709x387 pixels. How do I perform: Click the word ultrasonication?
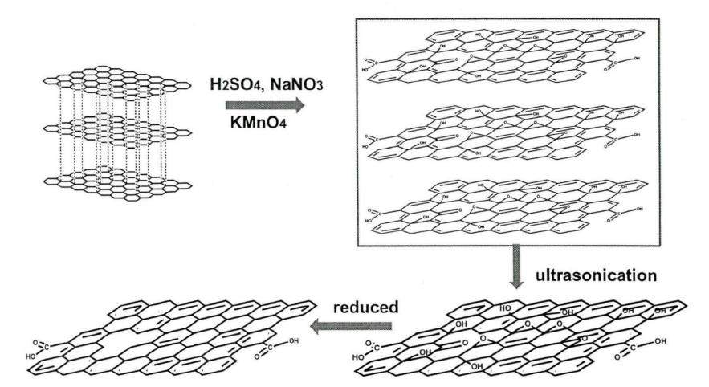[x=597, y=274]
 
